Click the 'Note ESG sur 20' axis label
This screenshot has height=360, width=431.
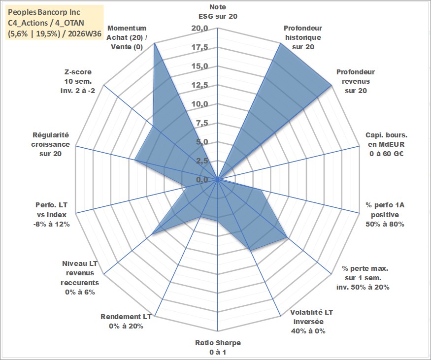click(x=218, y=11)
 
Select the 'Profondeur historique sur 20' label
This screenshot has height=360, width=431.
click(x=303, y=37)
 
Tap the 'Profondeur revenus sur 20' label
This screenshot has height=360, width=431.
click(x=356, y=81)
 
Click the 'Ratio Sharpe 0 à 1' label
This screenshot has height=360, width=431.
click(x=218, y=347)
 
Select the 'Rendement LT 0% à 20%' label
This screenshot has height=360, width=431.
click(x=126, y=322)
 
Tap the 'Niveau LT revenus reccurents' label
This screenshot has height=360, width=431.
click(x=80, y=278)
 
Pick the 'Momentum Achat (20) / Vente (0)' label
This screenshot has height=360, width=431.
click(x=127, y=37)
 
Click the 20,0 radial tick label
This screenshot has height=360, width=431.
click(x=200, y=28)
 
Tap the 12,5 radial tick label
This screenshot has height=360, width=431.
click(x=200, y=85)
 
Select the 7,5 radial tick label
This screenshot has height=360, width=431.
click(x=202, y=123)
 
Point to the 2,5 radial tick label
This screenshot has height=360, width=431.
click(x=202, y=161)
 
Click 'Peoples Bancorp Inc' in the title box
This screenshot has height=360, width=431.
click(x=44, y=12)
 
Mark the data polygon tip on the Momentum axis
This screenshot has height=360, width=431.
click(x=155, y=43)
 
